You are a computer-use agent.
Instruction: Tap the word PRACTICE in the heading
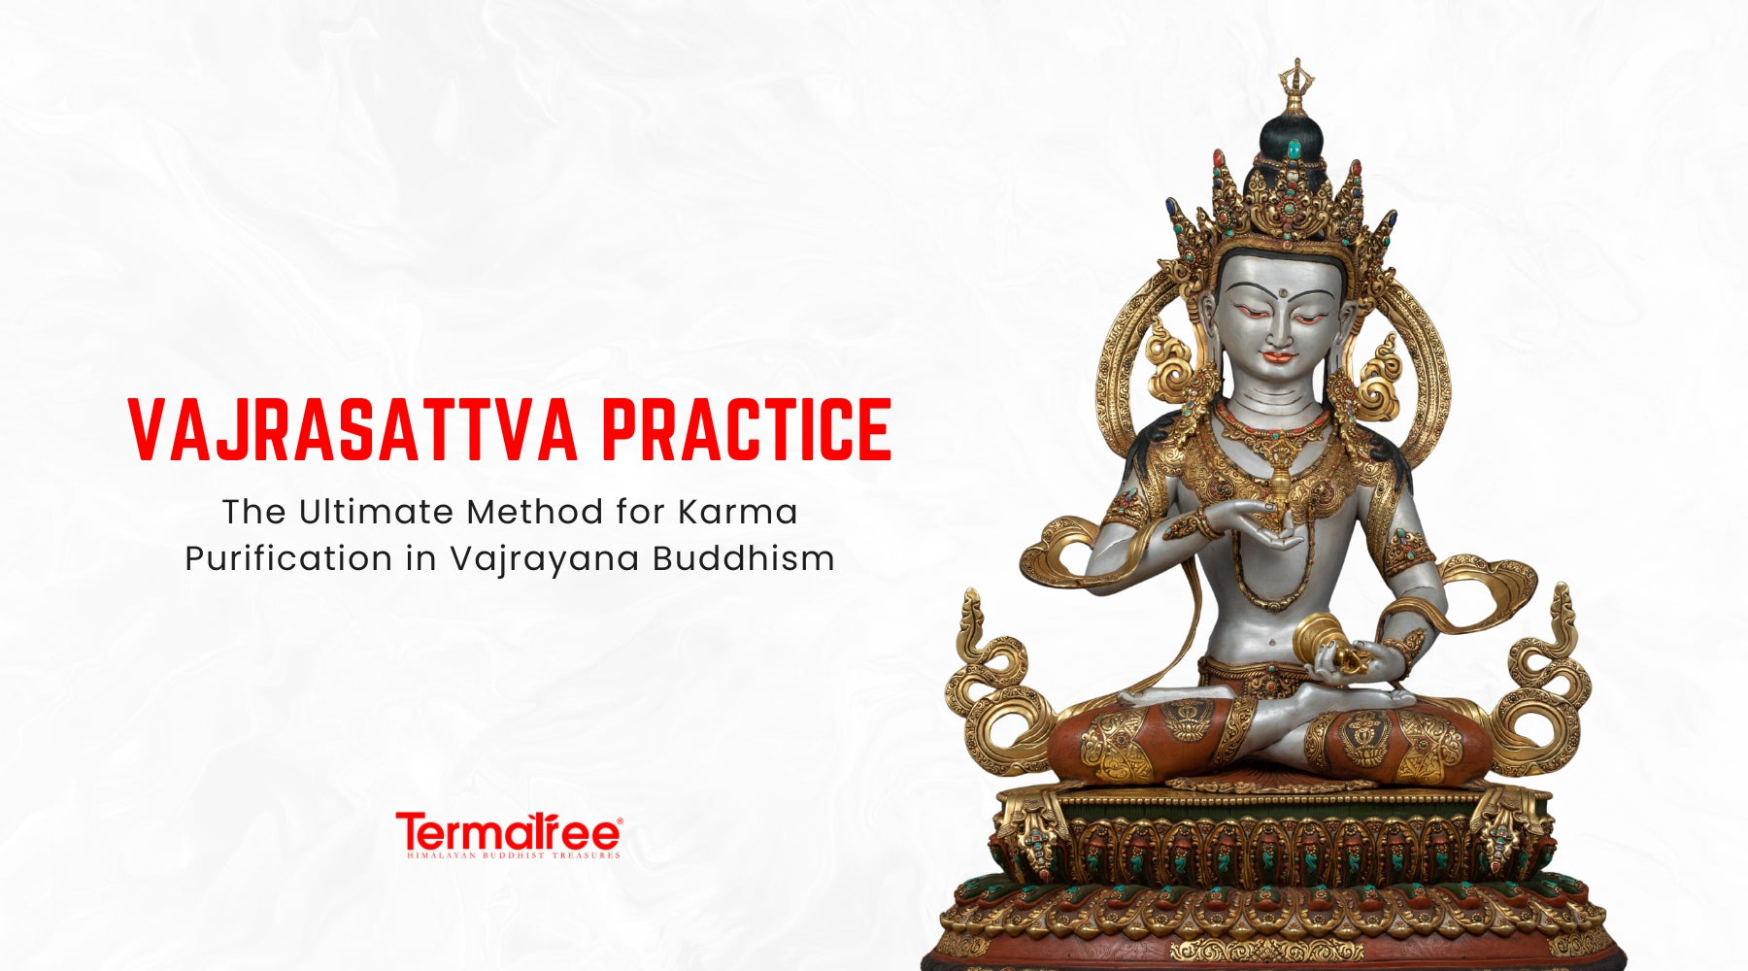746,429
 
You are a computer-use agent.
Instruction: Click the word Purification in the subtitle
286,559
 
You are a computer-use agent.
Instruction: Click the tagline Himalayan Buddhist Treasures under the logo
512,855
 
